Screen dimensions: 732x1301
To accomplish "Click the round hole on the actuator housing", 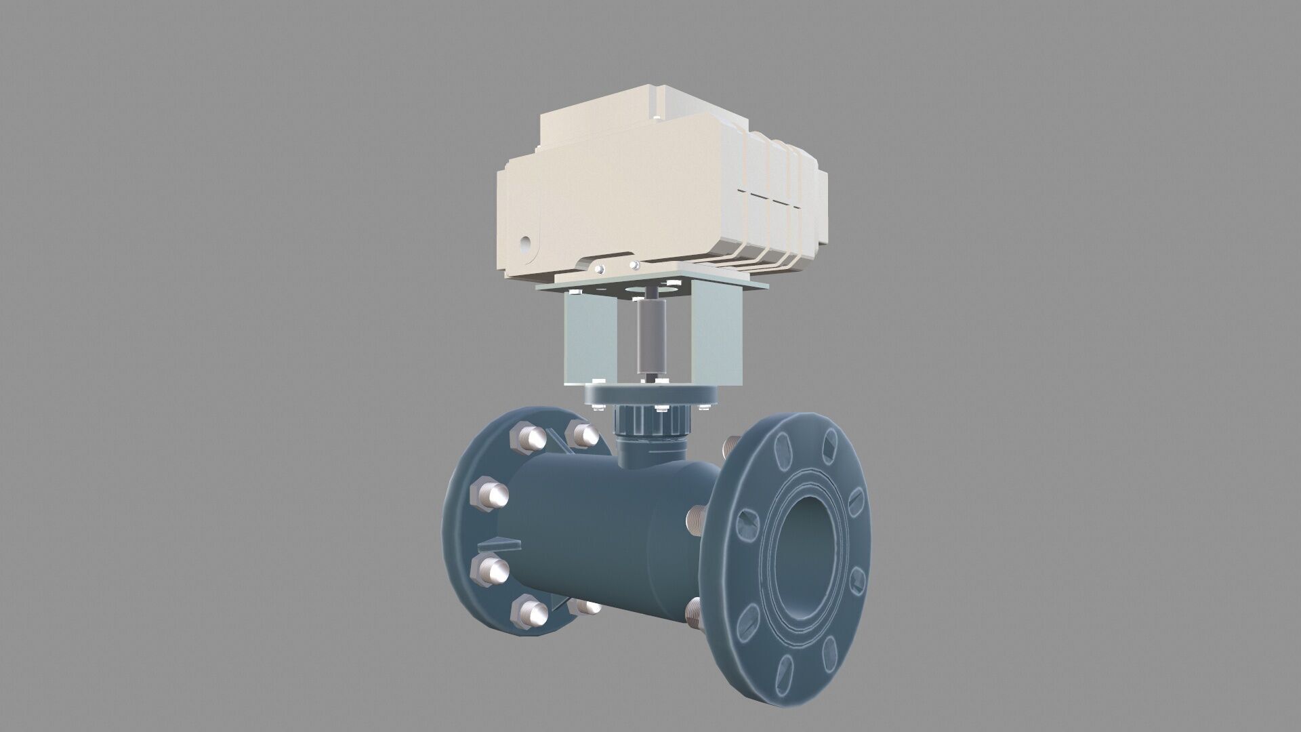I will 525,242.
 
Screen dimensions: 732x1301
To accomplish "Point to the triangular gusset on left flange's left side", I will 499,544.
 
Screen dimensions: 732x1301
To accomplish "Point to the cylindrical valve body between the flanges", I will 596,529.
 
